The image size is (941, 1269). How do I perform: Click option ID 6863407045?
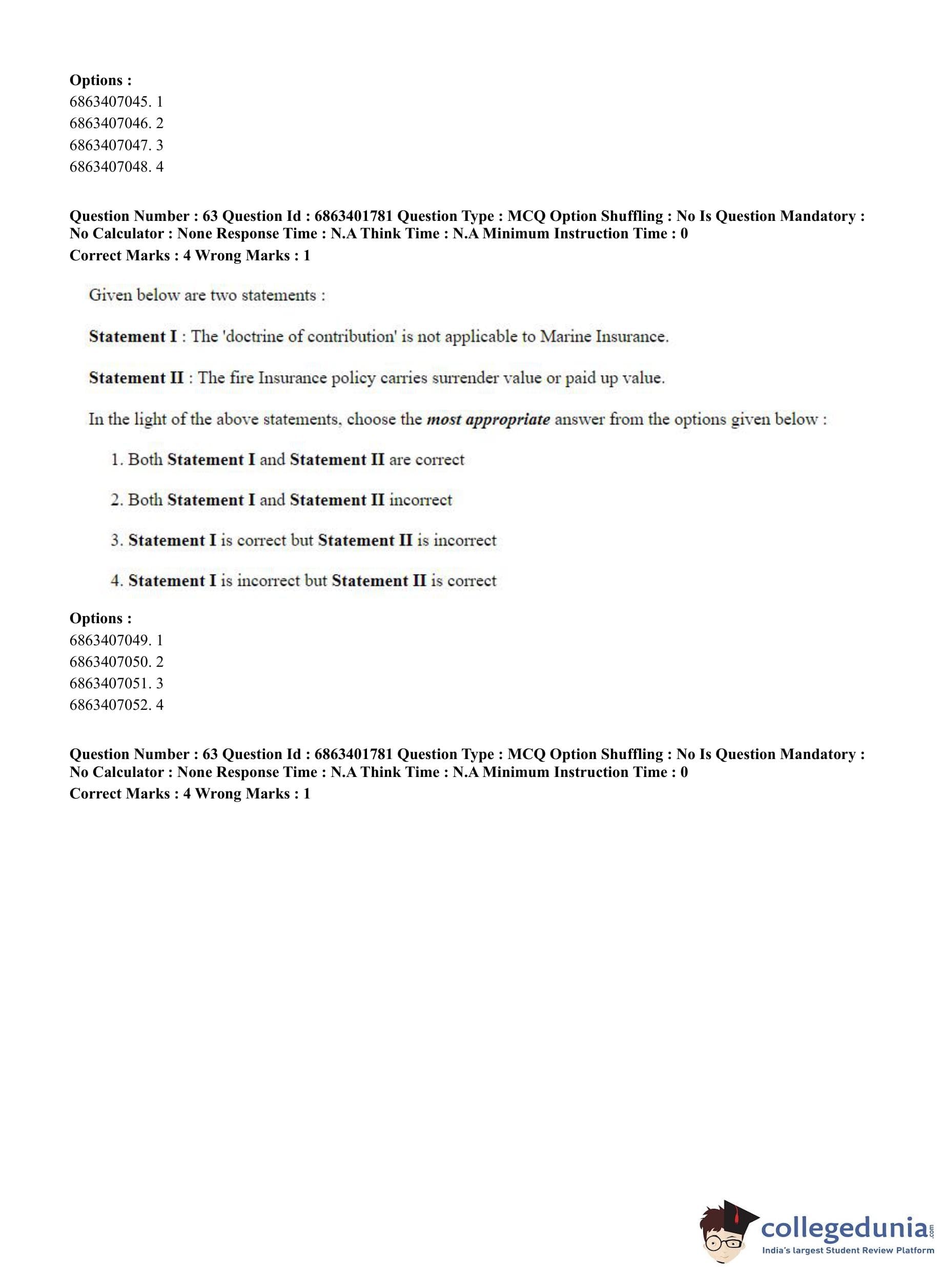(x=116, y=102)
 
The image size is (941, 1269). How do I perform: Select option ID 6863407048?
(x=116, y=167)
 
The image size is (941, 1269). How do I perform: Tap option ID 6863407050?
(x=116, y=662)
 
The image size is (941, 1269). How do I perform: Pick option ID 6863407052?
(x=116, y=705)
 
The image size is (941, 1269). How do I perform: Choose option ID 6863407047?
(x=116, y=145)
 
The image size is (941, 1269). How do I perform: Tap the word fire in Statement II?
(x=241, y=378)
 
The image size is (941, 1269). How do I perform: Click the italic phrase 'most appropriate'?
(x=488, y=420)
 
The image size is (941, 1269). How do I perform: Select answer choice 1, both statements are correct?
(x=288, y=460)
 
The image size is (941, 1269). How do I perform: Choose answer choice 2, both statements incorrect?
(x=281, y=500)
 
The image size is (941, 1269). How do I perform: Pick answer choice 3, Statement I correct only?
(x=303, y=541)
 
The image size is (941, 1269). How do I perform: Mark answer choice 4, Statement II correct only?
(x=303, y=581)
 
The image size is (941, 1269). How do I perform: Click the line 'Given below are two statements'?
(x=207, y=296)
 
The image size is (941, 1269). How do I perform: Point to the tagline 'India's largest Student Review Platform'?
(x=847, y=1250)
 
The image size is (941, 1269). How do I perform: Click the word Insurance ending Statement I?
(x=632, y=337)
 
